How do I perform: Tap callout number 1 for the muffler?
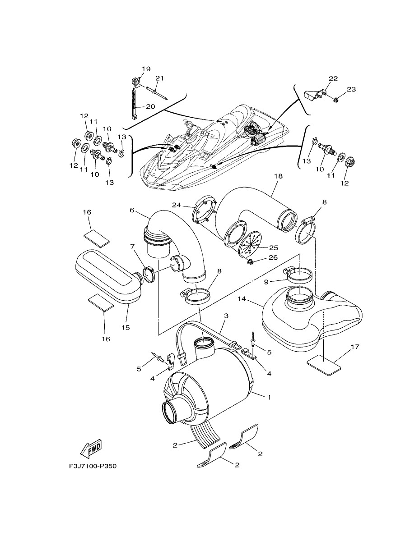[x=269, y=397]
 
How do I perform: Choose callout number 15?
[x=126, y=327]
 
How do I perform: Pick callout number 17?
[x=355, y=347]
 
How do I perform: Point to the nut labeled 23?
[x=336, y=101]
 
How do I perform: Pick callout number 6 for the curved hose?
[x=132, y=210]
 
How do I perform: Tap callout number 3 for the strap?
[x=226, y=316]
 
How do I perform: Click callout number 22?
[x=333, y=79]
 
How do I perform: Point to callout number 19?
[x=146, y=69]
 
